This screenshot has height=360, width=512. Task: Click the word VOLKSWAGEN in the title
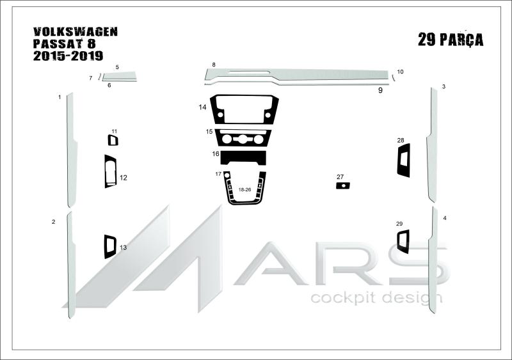[76, 32]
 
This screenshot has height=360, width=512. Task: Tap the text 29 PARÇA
[451, 40]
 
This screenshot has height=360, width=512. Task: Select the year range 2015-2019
[68, 56]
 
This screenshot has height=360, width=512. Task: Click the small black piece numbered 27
[343, 185]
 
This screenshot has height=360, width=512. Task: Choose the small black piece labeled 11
[110, 140]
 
